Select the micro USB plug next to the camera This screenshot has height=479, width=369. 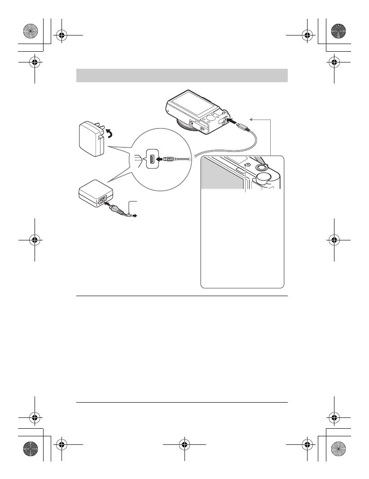[x=243, y=127]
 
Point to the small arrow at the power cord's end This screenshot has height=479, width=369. [x=134, y=216]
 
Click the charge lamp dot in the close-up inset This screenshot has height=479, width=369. [x=246, y=165]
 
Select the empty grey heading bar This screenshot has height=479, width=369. [x=182, y=75]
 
